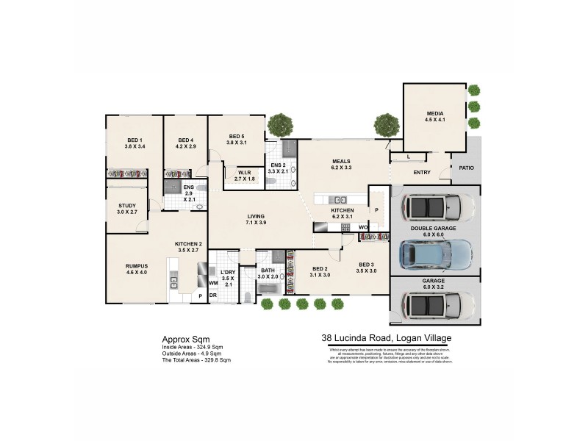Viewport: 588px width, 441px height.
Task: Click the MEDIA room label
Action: click(x=435, y=113)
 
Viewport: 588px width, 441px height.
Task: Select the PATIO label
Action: click(x=466, y=168)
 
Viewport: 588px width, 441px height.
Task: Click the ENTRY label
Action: click(x=422, y=173)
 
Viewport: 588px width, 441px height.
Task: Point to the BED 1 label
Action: click(x=135, y=140)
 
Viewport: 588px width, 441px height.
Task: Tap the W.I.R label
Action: click(x=245, y=173)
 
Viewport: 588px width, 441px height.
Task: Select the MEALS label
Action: click(x=341, y=161)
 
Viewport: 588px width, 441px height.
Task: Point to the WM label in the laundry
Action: click(x=213, y=283)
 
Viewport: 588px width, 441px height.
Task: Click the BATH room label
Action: click(x=268, y=270)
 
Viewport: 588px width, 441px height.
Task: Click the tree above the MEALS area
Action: click(x=386, y=126)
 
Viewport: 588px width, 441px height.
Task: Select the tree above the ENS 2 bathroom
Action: click(x=279, y=125)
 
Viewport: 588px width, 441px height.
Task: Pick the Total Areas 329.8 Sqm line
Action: click(x=196, y=360)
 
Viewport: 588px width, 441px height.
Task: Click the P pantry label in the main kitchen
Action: click(x=376, y=209)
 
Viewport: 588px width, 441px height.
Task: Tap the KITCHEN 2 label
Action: click(x=188, y=244)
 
